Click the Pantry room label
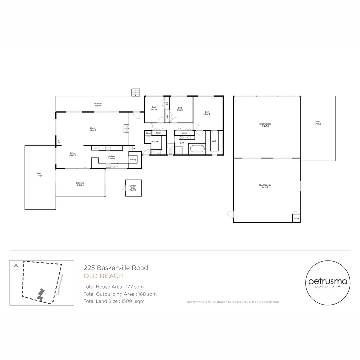click(x=133, y=160)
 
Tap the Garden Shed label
click(x=133, y=188)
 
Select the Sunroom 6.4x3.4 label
click(x=80, y=184)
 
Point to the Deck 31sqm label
click(x=39, y=174)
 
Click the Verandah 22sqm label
click(x=98, y=105)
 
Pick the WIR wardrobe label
click(x=214, y=141)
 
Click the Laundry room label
click(x=154, y=141)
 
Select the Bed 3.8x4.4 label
click(x=207, y=113)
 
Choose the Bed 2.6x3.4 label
click(x=154, y=108)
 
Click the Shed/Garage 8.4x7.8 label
click(x=265, y=125)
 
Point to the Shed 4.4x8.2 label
click(x=317, y=123)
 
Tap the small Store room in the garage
click(x=296, y=219)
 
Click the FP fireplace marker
click(x=59, y=142)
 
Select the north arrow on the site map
click(x=16, y=267)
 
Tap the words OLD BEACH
click(x=103, y=276)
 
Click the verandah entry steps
click(x=136, y=92)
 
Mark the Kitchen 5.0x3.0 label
click(x=111, y=157)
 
